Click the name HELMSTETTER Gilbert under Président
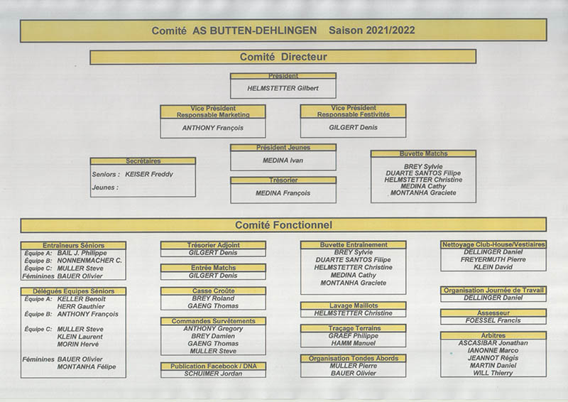283,88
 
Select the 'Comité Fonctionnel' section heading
283,225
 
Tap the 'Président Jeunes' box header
283,148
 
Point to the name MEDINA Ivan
283,161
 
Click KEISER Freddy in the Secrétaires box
149,174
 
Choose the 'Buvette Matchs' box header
423,153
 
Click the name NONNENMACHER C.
89,261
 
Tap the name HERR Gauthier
81,307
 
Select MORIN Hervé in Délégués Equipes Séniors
78,344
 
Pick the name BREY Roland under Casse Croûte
213,298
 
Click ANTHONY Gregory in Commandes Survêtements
213,329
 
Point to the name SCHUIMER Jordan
213,374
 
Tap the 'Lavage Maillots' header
354,305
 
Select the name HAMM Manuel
353,343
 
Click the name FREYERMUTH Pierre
493,259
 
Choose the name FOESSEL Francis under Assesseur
493,320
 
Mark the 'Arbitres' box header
493,336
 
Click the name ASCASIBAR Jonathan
493,343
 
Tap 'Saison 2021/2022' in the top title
371,31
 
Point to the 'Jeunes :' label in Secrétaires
105,188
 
